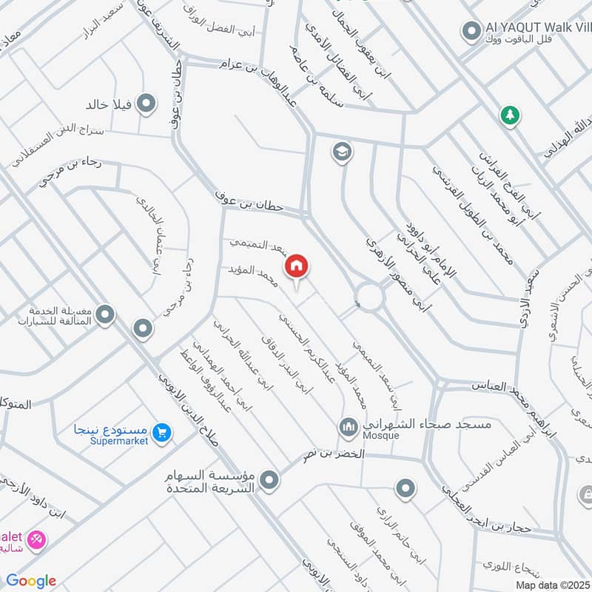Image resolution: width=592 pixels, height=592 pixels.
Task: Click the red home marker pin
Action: (297, 266)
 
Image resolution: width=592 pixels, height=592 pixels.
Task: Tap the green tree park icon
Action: (509, 115)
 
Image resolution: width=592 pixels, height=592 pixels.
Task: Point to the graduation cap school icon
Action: (342, 152)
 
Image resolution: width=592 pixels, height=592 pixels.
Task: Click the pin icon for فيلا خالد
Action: (147, 104)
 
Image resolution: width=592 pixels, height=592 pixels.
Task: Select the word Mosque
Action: (380, 436)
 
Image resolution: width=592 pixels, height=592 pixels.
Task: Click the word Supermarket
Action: (119, 441)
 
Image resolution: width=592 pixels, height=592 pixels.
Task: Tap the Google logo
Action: (31, 581)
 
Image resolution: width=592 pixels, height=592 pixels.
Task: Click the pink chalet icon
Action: (36, 539)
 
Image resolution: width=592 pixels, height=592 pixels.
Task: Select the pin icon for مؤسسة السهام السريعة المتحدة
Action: (270, 480)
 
